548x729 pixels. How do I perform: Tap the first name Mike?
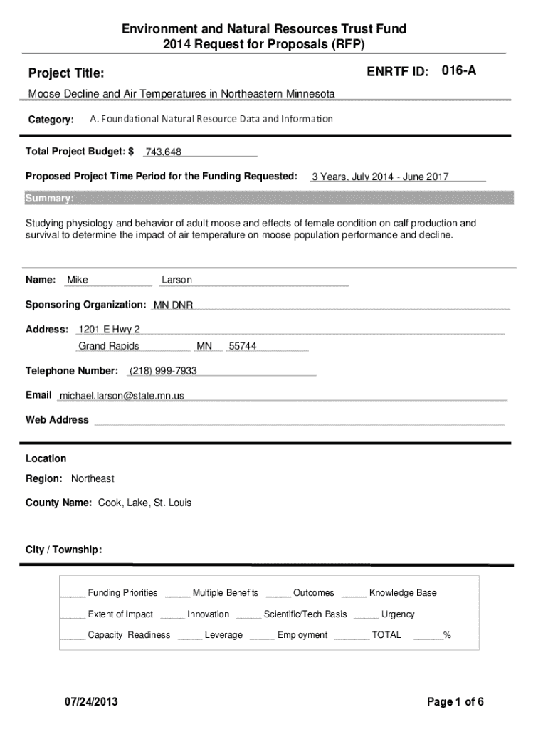(x=78, y=280)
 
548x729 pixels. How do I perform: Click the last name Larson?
(x=177, y=280)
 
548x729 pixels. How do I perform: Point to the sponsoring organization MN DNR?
(x=174, y=305)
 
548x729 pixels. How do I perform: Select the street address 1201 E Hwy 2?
(x=110, y=329)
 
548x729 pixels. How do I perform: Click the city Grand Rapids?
(x=109, y=346)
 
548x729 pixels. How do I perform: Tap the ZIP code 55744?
(x=243, y=346)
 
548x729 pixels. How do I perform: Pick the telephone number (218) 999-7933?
(x=163, y=371)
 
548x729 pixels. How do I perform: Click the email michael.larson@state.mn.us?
(x=122, y=395)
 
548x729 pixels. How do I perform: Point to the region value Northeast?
(x=93, y=478)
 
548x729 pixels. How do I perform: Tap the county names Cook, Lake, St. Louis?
(x=139, y=503)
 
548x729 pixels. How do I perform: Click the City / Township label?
(x=64, y=550)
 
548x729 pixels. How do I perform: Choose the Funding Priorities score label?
(x=122, y=592)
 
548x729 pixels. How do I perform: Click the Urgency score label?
(x=398, y=614)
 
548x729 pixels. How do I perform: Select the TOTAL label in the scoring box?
(x=386, y=634)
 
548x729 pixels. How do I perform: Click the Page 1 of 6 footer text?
(x=455, y=702)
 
